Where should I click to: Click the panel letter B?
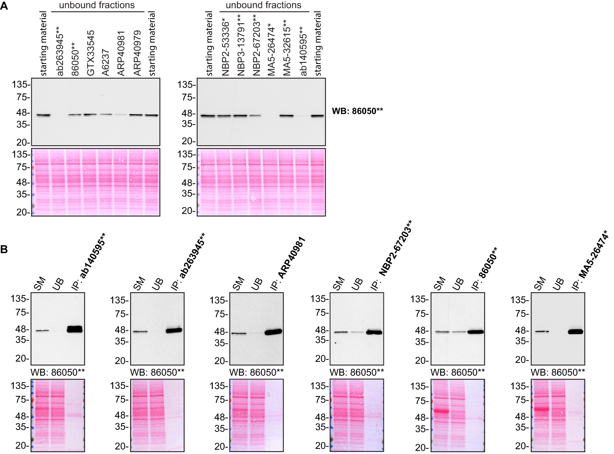click(4, 249)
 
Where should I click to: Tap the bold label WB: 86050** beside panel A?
click(357, 111)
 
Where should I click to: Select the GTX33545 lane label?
click(91, 53)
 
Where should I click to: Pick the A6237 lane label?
click(105, 63)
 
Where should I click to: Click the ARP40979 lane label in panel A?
click(137, 53)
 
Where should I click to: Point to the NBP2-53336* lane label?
click(225, 47)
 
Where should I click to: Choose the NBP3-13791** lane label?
click(241, 45)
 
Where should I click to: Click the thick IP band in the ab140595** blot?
click(75, 329)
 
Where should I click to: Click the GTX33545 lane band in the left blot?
click(90, 115)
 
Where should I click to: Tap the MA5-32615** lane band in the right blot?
click(286, 116)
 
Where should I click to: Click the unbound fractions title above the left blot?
click(97, 5)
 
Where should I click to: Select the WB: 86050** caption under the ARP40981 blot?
click(256, 373)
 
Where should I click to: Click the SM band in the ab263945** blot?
click(140, 331)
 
